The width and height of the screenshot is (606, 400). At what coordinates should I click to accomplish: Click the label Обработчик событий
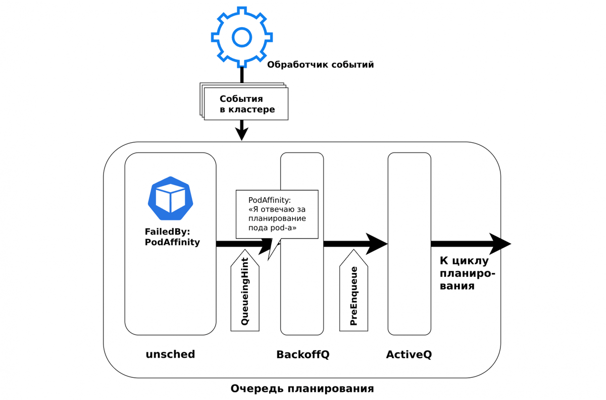(x=320, y=65)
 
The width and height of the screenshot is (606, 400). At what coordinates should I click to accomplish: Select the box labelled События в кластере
(x=246, y=104)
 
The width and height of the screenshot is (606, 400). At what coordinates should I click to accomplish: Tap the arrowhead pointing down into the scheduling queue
(x=242, y=133)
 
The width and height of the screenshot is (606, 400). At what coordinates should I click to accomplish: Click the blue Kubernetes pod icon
(x=170, y=198)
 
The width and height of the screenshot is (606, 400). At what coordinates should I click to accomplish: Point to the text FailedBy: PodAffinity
(x=172, y=237)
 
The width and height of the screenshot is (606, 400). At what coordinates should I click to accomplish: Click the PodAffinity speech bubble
(x=277, y=214)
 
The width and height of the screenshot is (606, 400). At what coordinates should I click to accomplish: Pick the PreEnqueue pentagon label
(x=353, y=295)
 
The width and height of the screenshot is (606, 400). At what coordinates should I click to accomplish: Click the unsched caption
(x=170, y=354)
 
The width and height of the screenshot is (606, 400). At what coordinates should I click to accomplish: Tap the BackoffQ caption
(x=302, y=355)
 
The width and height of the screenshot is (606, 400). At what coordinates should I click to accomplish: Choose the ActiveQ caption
(x=409, y=355)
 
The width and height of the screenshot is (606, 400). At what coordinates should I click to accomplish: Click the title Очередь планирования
(x=302, y=388)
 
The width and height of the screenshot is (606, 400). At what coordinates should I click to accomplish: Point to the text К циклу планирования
(x=467, y=273)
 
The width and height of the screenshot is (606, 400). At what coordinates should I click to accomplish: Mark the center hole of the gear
(x=241, y=36)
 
